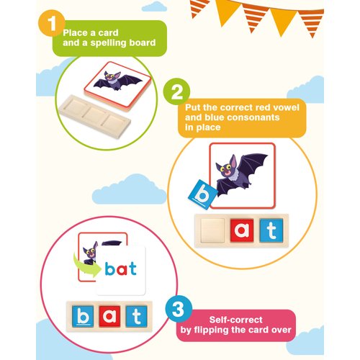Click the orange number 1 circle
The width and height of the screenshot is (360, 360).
(51, 24)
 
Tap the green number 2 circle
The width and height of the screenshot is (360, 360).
(176, 91)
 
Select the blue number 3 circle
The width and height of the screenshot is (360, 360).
(179, 309)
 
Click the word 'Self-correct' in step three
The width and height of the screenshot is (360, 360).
(235, 320)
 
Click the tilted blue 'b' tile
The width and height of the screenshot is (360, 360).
(203, 194)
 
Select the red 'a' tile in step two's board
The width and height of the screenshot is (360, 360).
(242, 230)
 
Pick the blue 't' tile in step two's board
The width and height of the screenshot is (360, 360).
(271, 230)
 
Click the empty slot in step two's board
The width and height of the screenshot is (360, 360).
(212, 230)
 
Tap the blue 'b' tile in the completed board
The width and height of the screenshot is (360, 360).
(83, 316)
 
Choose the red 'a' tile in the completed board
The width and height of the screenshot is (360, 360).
(109, 316)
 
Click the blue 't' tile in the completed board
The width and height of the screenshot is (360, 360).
(136, 316)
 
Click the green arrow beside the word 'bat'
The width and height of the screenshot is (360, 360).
(86, 266)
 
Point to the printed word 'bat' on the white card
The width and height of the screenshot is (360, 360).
(121, 269)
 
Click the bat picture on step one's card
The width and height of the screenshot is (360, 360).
(117, 80)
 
